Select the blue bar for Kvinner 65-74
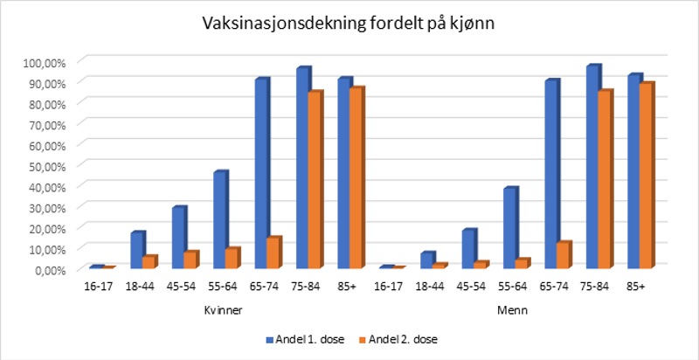click(x=261, y=175)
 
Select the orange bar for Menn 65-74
click(x=563, y=256)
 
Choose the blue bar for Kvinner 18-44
click(x=137, y=251)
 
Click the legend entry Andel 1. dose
click(x=294, y=339)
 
